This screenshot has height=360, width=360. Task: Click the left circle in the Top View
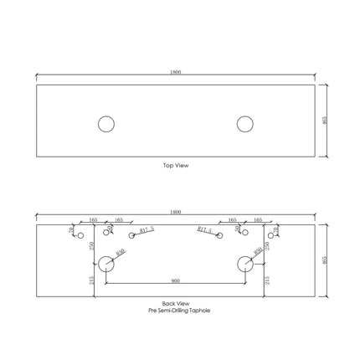pos(105,125)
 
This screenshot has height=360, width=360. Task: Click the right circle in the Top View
pos(244,125)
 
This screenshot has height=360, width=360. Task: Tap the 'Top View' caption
pos(175,166)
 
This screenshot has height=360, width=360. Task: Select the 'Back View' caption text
pos(175,303)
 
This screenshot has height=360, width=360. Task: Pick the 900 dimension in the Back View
pos(175,280)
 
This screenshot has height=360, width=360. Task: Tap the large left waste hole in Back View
pos(105,265)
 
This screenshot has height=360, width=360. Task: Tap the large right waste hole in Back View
pos(244,265)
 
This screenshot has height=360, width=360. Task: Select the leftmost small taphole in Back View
pos(80,235)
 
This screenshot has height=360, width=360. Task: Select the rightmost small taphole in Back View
pos(270,235)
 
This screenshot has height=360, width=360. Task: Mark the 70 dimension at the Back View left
pos(71,229)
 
